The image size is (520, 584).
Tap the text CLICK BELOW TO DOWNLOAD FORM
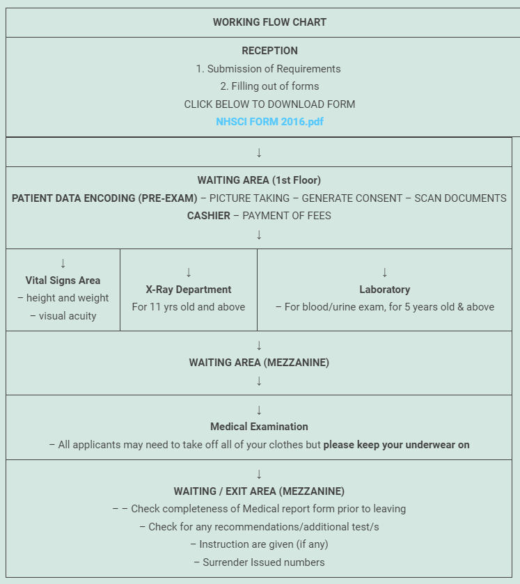[x=269, y=104]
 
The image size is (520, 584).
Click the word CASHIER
[x=208, y=216]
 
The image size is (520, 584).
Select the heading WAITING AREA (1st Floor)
[x=259, y=180]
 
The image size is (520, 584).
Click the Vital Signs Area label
[x=63, y=281]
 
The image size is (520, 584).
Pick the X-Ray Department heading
[x=189, y=290]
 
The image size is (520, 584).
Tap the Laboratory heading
[x=384, y=290]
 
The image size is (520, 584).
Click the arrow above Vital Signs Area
[x=63, y=263]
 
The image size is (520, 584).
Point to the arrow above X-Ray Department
[x=189, y=272]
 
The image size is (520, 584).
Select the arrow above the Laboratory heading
[x=384, y=272]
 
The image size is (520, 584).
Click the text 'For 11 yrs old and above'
[x=189, y=307]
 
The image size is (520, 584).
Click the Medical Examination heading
[x=259, y=427]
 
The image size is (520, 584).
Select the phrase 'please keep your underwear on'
[x=396, y=445]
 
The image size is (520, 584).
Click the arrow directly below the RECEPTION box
[x=259, y=152]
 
